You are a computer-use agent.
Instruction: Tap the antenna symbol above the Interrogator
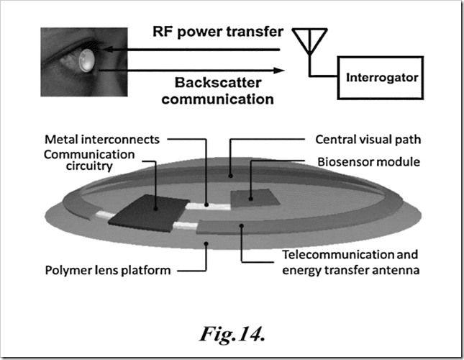click(311, 40)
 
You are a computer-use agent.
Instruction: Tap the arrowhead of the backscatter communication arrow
click(276, 71)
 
